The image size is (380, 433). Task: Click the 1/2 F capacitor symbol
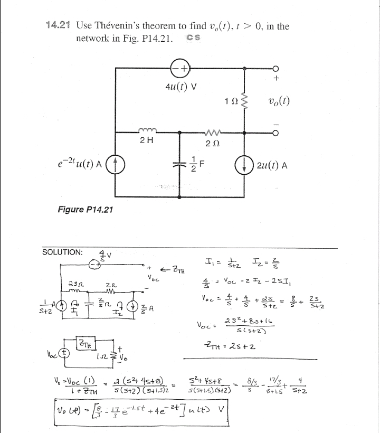(180, 165)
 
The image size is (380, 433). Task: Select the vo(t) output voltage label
(279, 101)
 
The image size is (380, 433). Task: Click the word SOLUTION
(62, 252)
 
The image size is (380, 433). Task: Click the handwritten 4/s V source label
(106, 255)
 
